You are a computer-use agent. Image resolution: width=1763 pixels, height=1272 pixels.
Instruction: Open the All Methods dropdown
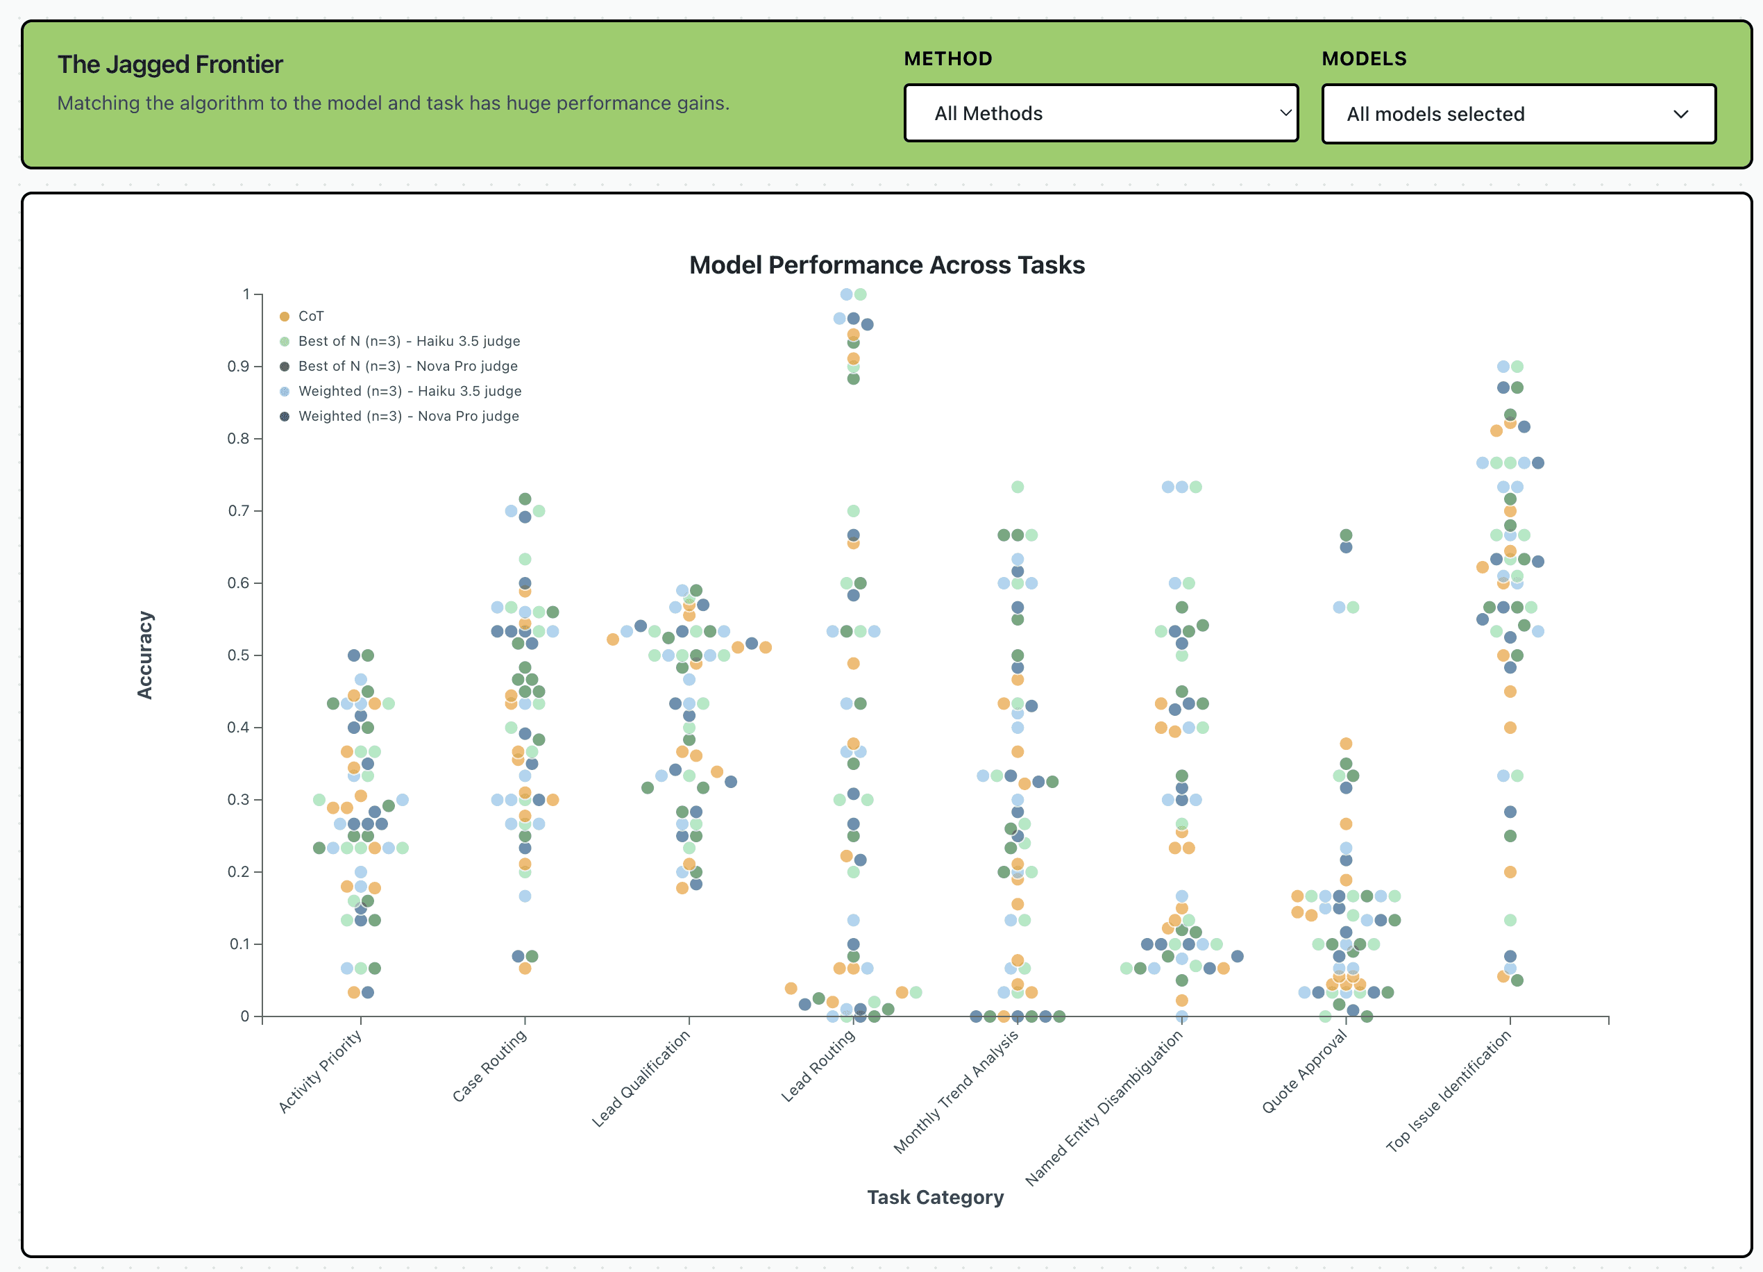1100,113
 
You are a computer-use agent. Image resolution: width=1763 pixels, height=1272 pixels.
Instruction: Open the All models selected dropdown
1518,115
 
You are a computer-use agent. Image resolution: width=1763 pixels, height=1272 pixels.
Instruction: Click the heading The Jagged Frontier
169,65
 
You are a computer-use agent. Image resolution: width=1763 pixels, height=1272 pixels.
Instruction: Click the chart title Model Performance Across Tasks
886,265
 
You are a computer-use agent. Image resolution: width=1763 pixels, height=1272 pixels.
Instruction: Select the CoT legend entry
310,317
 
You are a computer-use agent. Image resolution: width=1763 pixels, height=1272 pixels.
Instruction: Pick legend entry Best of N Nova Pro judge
407,366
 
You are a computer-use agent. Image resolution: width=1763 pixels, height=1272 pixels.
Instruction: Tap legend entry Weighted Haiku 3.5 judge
409,391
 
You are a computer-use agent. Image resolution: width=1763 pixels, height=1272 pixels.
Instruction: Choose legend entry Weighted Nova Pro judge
408,416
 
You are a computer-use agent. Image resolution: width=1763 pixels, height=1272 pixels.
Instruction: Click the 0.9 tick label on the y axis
238,366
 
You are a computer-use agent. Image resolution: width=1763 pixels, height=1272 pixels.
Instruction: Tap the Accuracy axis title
144,655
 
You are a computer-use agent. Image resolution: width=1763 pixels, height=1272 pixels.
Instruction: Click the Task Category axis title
934,1196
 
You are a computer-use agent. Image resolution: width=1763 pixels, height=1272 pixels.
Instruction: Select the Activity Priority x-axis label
320,1071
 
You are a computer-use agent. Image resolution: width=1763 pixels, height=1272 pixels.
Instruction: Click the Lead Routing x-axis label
818,1065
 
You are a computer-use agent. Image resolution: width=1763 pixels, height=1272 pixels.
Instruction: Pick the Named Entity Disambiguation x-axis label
1104,1108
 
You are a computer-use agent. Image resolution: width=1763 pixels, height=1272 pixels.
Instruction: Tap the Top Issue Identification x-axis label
1448,1090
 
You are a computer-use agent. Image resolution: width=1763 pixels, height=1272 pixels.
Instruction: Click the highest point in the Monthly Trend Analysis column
1017,487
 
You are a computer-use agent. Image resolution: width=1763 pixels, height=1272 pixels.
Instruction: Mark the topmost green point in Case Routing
525,499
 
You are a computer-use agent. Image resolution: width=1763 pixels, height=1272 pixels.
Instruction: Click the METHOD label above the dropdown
947,59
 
